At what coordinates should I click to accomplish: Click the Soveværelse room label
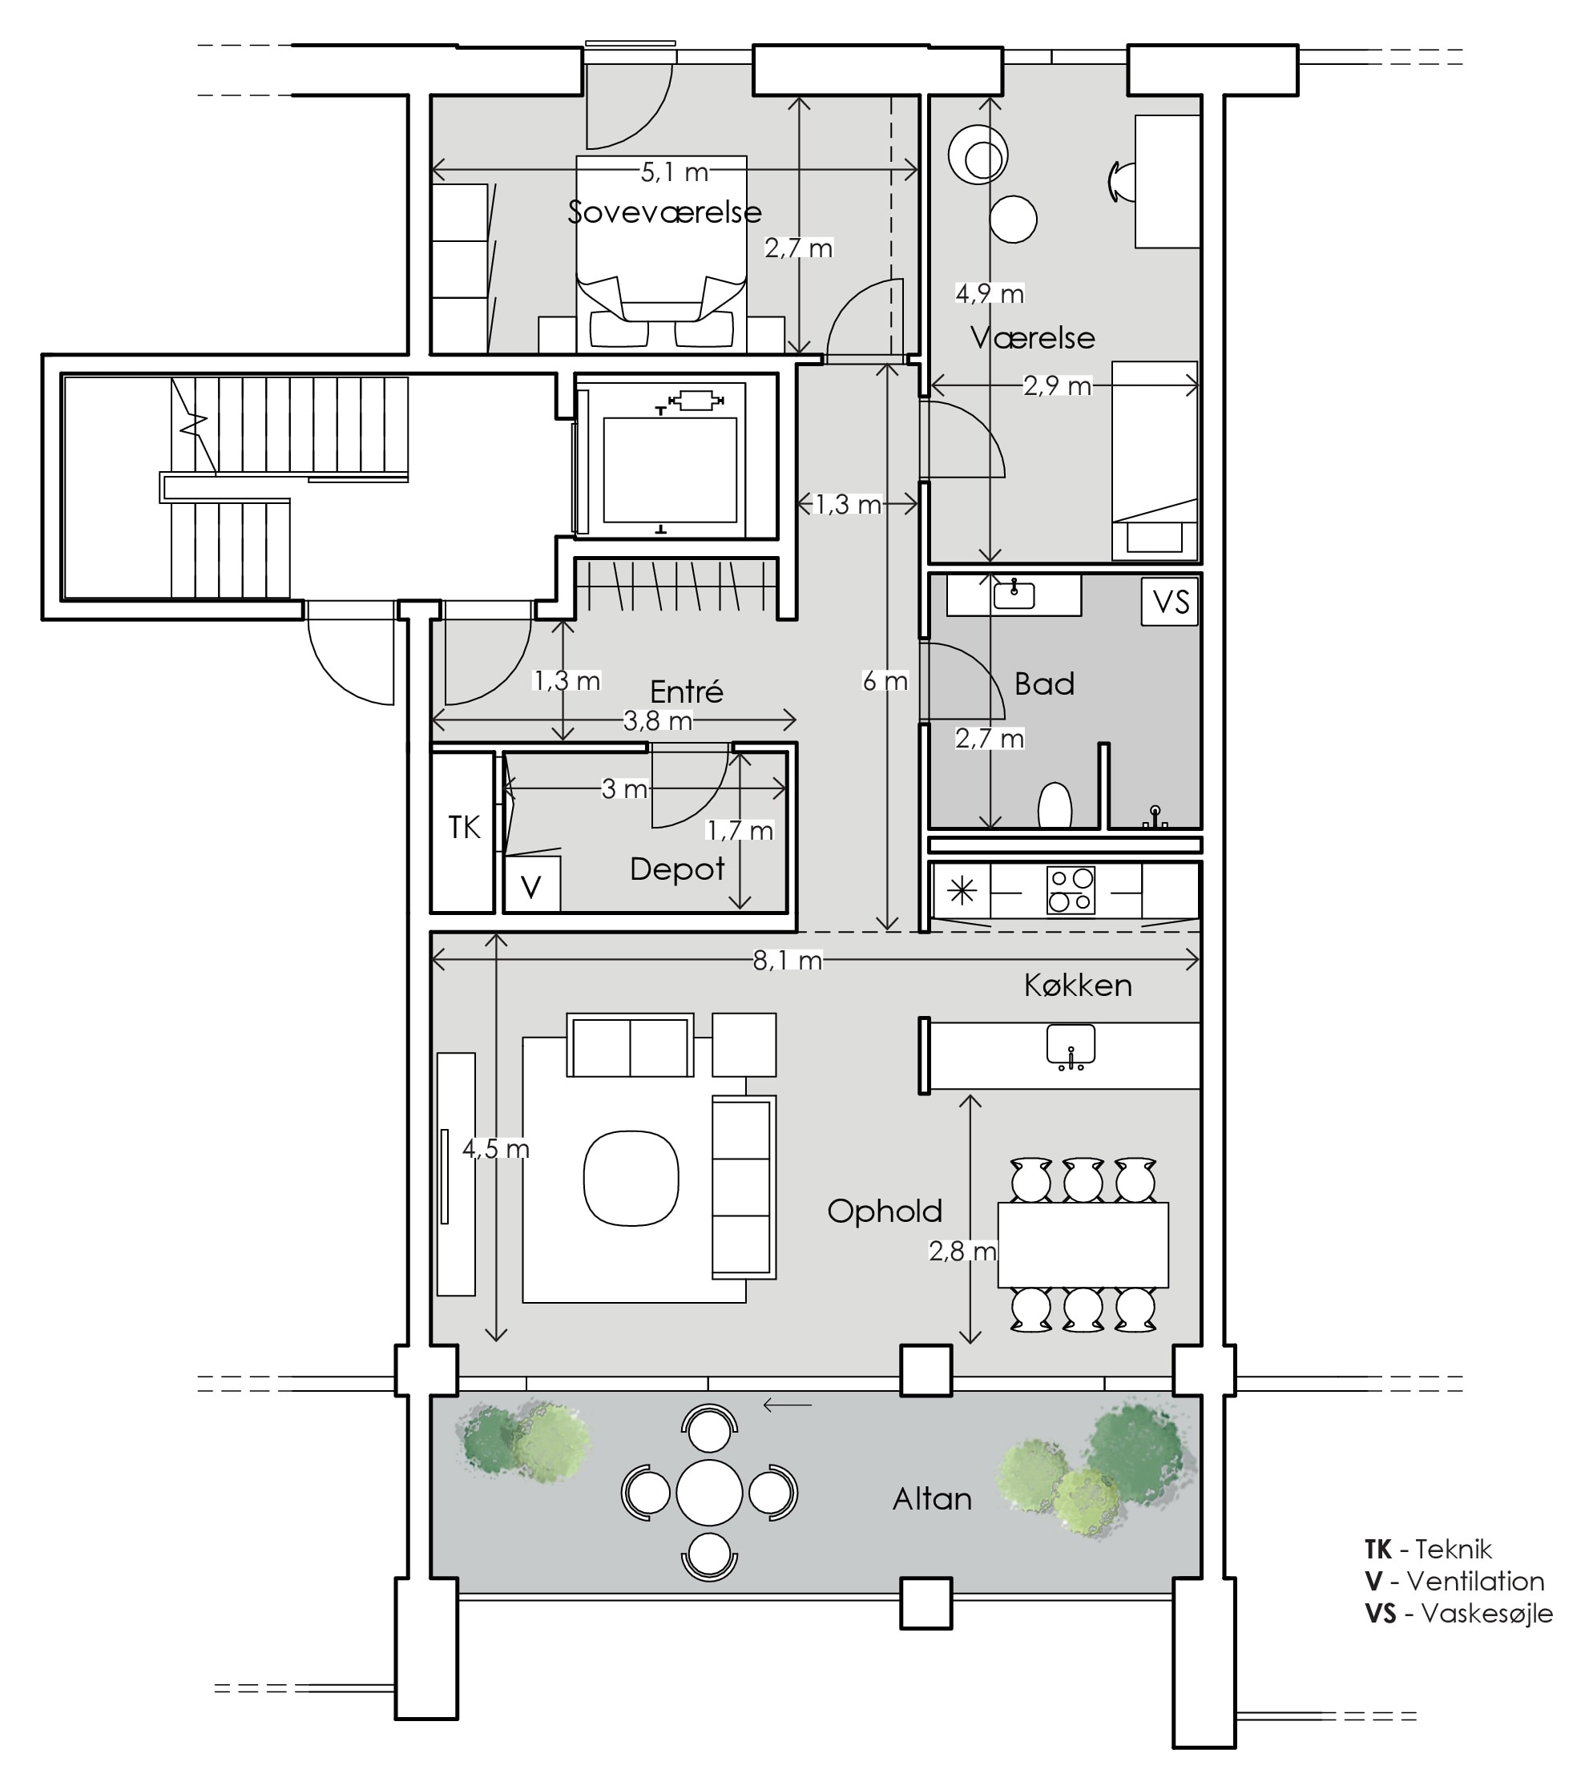tap(665, 212)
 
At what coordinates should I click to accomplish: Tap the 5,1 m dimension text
tap(675, 172)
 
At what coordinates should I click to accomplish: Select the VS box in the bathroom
tap(1171, 602)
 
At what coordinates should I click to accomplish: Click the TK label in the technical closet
tap(464, 828)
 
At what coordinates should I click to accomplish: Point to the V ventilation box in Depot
tap(531, 885)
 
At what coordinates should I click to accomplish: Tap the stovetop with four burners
tap(1071, 889)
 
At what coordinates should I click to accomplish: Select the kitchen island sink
tap(1071, 1047)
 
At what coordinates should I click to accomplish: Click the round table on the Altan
tap(709, 1492)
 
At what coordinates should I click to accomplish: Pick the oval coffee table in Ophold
tap(631, 1178)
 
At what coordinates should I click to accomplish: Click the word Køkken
tap(1078, 986)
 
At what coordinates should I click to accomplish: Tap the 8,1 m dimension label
tap(788, 961)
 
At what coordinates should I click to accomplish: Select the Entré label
tap(687, 691)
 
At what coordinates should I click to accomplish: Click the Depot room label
tap(677, 869)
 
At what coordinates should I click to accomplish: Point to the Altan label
tap(932, 1499)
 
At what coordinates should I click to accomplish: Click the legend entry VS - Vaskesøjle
tap(1458, 1613)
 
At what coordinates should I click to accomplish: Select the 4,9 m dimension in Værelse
tap(990, 293)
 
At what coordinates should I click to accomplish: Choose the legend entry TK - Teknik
tap(1427, 1549)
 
